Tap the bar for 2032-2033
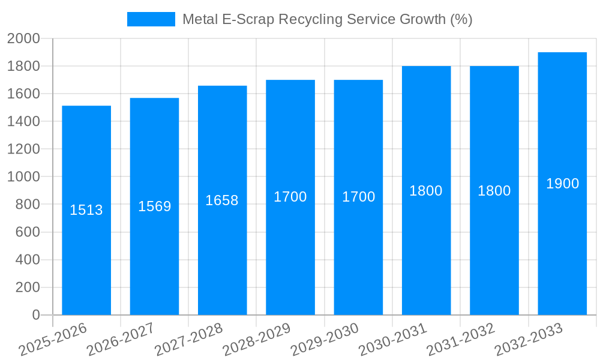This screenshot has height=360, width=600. [x=562, y=252]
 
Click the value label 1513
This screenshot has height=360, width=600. [x=86, y=210]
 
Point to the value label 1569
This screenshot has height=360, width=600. [x=155, y=206]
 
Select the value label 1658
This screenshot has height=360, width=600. [x=222, y=200]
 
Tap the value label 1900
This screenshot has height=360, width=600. [x=562, y=184]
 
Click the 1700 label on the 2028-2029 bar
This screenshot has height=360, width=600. [x=290, y=197]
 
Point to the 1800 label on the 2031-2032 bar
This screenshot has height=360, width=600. [x=494, y=191]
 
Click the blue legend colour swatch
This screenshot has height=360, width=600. [x=151, y=19]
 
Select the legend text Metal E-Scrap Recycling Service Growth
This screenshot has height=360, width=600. [x=327, y=19]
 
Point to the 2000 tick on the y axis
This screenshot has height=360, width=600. [x=23, y=38]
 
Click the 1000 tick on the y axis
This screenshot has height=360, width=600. [x=23, y=177]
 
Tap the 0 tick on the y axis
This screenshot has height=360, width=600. [x=35, y=315]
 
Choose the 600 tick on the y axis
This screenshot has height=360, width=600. [x=27, y=232]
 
